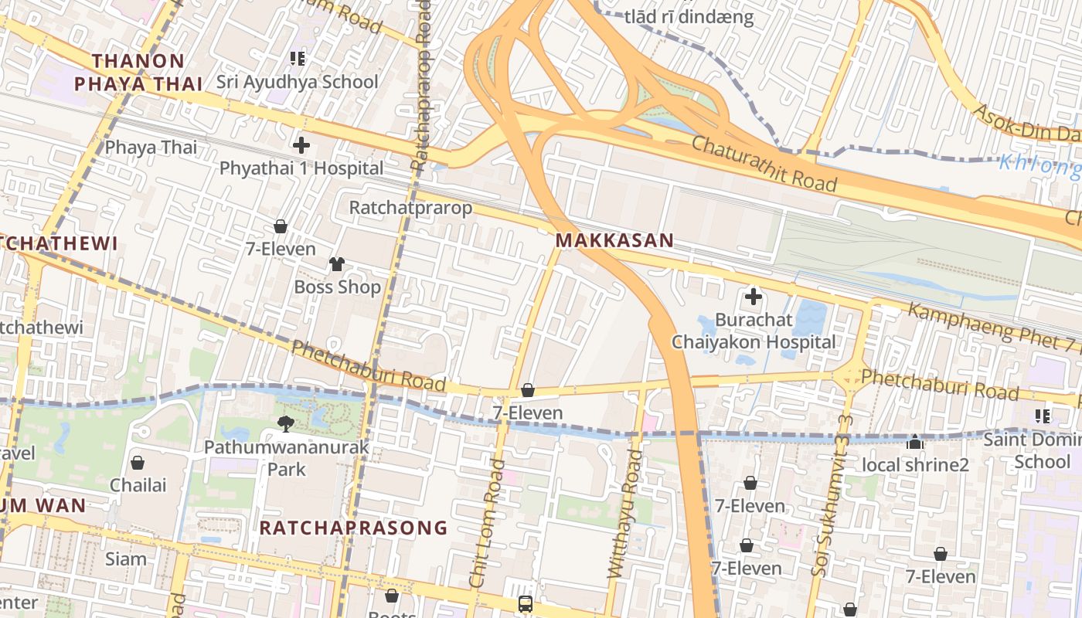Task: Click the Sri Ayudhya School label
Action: (x=297, y=82)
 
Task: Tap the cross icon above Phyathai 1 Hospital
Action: (x=301, y=144)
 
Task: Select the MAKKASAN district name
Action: (x=614, y=240)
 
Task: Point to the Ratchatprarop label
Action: (x=410, y=208)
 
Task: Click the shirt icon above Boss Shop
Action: (x=336, y=264)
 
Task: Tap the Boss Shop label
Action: (x=338, y=287)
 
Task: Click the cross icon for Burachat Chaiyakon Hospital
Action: (x=753, y=296)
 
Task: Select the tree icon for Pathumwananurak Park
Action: (x=286, y=423)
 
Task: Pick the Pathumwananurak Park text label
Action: (x=287, y=458)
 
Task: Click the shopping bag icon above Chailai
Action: (x=138, y=463)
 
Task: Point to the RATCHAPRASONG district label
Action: (x=353, y=528)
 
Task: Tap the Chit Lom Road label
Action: (x=486, y=524)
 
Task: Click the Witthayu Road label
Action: (x=624, y=514)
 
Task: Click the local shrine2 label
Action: (x=915, y=465)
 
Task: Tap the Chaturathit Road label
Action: (x=764, y=163)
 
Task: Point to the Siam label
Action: (x=126, y=559)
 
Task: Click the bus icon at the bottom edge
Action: (x=526, y=603)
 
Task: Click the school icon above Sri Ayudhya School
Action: (x=297, y=58)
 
